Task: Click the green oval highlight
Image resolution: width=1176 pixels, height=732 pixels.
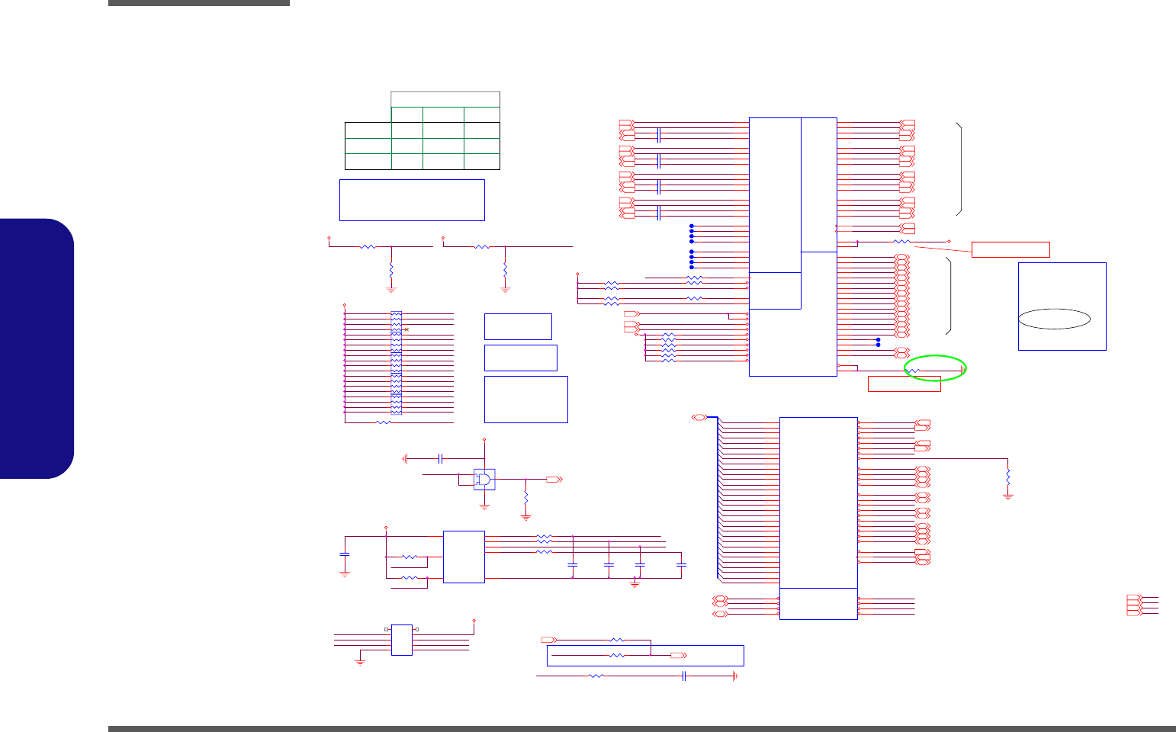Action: pyautogui.click(x=935, y=368)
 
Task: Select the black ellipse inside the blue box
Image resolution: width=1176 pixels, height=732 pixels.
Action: pyautogui.click(x=1054, y=319)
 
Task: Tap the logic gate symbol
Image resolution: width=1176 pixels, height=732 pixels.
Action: pyautogui.click(x=484, y=480)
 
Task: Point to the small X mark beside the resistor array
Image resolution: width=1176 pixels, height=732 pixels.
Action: pyautogui.click(x=406, y=329)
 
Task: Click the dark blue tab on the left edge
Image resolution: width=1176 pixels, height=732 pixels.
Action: pyautogui.click(x=37, y=348)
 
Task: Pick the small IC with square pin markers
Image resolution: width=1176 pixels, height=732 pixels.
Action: pyautogui.click(x=401, y=640)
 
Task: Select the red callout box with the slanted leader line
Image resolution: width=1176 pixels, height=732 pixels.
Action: pyautogui.click(x=1011, y=249)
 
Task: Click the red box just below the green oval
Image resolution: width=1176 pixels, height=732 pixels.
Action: pyautogui.click(x=904, y=385)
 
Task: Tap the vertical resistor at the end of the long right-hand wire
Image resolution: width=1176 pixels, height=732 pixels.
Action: pyautogui.click(x=1007, y=477)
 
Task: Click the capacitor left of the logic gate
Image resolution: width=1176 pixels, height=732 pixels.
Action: pyautogui.click(x=440, y=458)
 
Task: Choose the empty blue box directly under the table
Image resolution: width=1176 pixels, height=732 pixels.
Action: pyautogui.click(x=412, y=200)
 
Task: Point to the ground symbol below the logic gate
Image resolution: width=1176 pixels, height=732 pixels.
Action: pyautogui.click(x=484, y=506)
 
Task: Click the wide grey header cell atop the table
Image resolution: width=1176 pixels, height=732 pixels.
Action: pyautogui.click(x=445, y=99)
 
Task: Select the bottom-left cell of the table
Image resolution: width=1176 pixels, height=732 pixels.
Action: pyautogui.click(x=368, y=162)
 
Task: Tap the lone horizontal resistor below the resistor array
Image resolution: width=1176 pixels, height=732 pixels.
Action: pyautogui.click(x=384, y=422)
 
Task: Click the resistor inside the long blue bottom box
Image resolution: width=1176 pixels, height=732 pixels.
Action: pyautogui.click(x=617, y=655)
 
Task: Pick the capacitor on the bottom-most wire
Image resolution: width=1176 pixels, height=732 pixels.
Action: pyautogui.click(x=684, y=676)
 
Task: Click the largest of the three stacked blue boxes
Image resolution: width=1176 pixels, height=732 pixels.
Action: pyautogui.click(x=525, y=399)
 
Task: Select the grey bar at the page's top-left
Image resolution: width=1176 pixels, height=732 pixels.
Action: pyautogui.click(x=199, y=3)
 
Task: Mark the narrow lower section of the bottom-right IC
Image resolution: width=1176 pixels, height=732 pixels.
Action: pyautogui.click(x=818, y=604)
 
